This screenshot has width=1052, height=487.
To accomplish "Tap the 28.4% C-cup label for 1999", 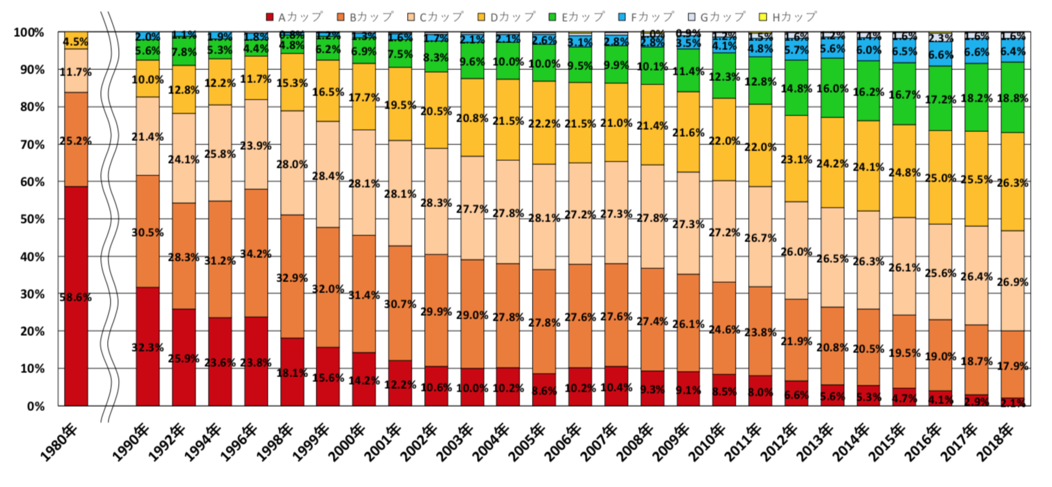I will click(328, 176).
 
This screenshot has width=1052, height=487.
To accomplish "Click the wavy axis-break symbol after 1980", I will click(109, 216).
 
